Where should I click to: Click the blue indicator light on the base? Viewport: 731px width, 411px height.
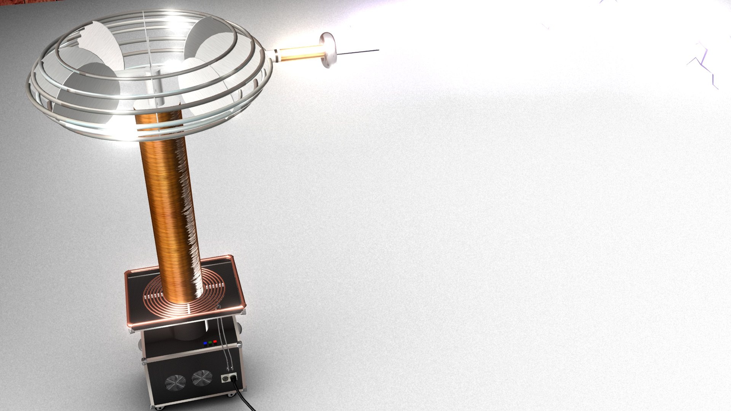(x=206, y=343)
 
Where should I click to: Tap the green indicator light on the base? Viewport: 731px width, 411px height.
(x=210, y=342)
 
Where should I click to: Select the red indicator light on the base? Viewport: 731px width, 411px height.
(x=215, y=341)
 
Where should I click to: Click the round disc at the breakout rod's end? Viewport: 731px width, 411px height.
(x=328, y=50)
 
